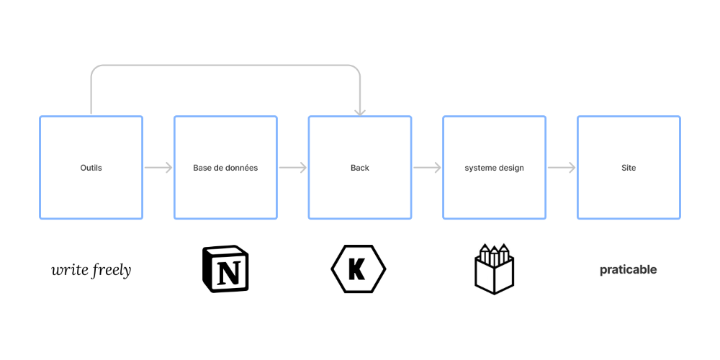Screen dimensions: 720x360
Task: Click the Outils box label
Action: coord(91,168)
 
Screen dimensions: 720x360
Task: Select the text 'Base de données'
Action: coord(225,168)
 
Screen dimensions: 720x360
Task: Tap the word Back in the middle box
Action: coord(359,168)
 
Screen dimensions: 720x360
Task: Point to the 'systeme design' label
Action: coord(494,168)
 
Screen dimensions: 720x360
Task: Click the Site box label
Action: coord(629,168)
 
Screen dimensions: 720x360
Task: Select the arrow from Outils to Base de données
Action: coord(158,168)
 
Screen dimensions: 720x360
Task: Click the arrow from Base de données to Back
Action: coord(293,168)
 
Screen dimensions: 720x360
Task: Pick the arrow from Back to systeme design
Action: coord(427,168)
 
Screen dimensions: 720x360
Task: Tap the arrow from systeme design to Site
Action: coord(562,168)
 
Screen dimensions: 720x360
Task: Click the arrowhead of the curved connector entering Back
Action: coord(359,113)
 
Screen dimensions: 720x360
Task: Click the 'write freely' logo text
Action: coord(91,270)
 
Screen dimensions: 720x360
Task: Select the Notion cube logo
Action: coord(225,269)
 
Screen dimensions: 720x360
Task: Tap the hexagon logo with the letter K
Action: coord(358,269)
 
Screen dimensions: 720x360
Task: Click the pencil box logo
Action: coord(494,269)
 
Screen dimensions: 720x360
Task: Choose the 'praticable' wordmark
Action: coord(628,270)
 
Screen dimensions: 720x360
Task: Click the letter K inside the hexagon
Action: coord(357,269)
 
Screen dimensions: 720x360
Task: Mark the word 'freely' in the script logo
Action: coord(112,271)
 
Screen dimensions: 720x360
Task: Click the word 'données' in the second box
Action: coord(242,168)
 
